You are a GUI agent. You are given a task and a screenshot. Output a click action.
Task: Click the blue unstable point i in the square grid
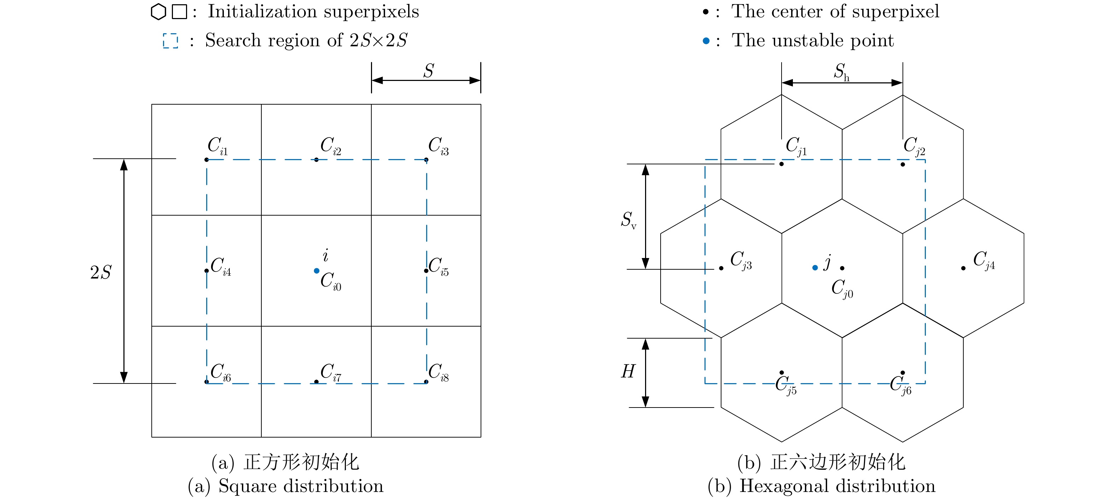click(317, 271)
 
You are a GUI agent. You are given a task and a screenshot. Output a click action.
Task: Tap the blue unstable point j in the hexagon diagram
click(815, 268)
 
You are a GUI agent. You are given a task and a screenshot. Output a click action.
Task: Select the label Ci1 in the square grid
click(217, 146)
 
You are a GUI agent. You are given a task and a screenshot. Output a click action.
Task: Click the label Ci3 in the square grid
click(438, 146)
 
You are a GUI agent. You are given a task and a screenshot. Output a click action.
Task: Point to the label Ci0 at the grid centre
click(330, 281)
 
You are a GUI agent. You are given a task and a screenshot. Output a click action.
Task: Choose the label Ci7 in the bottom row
click(330, 372)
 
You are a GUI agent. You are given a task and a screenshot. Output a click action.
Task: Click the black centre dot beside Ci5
click(426, 271)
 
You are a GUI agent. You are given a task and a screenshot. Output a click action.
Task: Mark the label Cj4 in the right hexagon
click(984, 260)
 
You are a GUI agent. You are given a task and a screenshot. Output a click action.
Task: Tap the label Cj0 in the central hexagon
click(842, 288)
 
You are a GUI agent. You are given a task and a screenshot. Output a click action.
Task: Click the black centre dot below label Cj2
click(903, 164)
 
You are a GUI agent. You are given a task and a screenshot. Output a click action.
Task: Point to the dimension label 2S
click(101, 273)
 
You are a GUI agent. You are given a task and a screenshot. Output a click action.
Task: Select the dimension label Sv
click(628, 220)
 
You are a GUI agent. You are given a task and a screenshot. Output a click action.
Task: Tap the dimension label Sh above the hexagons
click(841, 72)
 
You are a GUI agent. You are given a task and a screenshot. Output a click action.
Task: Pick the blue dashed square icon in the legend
click(170, 41)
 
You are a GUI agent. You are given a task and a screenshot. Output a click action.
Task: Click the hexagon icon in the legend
click(158, 12)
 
